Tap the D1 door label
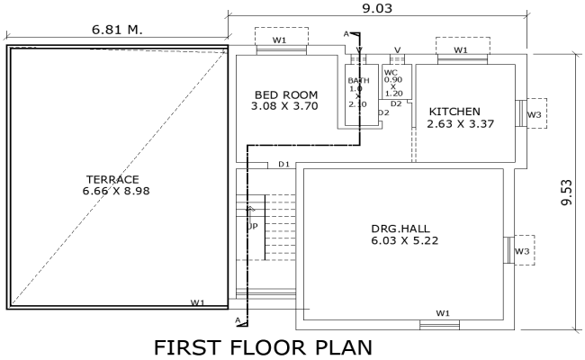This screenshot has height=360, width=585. click(283, 164)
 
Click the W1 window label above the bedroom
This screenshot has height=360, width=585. click(280, 39)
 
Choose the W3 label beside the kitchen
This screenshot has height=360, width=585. click(535, 114)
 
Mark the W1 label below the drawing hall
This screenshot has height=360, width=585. click(443, 312)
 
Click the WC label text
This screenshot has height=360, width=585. click(391, 71)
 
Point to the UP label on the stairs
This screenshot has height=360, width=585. click(253, 225)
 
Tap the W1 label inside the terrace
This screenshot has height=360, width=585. click(197, 302)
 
